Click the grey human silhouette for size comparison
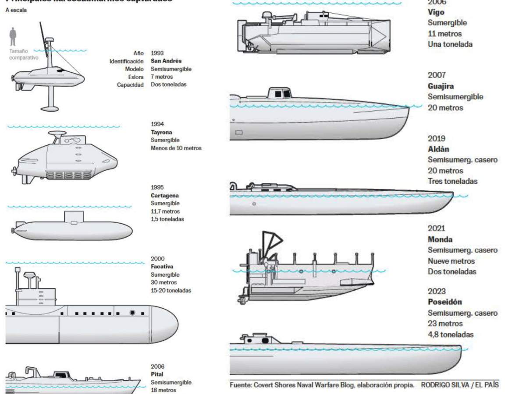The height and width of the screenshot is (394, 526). [x=13, y=37]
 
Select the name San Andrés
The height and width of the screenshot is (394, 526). [x=166, y=61]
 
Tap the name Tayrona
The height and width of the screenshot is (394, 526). [x=161, y=132]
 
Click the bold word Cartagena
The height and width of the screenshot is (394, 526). [x=165, y=196]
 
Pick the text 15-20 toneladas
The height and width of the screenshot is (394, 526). [x=171, y=290]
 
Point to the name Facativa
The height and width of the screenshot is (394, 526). [x=162, y=267]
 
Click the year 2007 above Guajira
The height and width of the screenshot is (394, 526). [x=437, y=75]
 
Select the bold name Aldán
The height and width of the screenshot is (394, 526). [x=438, y=149]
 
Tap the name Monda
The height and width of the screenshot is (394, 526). [x=440, y=239]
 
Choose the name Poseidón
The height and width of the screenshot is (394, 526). [x=444, y=302]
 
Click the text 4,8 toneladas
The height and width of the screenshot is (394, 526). [x=451, y=334]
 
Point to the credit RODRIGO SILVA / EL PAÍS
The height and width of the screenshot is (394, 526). [x=459, y=385]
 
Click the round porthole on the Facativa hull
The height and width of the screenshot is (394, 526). [x=132, y=313]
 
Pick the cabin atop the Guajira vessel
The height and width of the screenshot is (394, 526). [x=279, y=93]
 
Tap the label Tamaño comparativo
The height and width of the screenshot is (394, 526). [x=24, y=54]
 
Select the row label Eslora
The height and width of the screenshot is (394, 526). [x=136, y=77]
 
